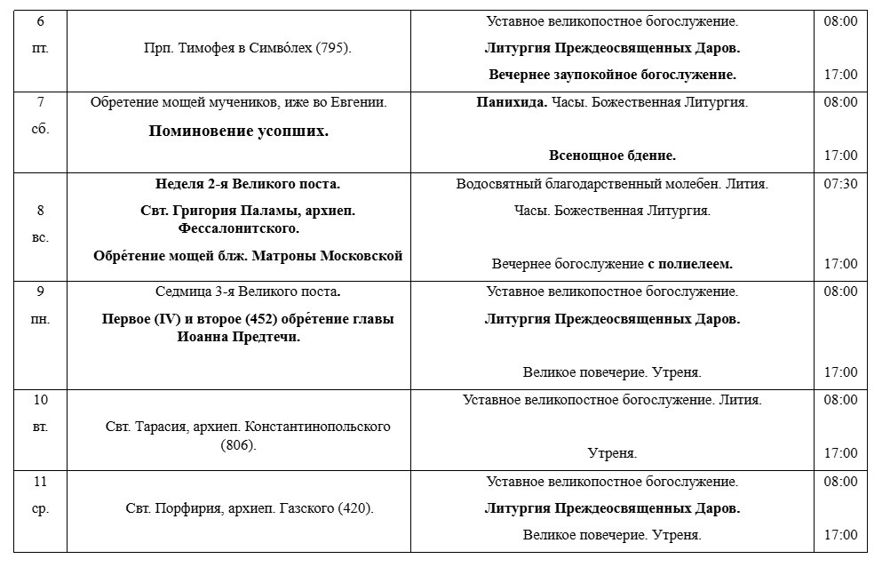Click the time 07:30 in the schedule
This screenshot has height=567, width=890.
840,184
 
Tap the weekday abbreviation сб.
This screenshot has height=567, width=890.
40,129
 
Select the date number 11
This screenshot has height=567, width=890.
40,482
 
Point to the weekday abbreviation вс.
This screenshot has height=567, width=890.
40,238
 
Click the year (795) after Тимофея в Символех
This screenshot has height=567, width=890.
334,48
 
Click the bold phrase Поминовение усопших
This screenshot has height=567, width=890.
238,132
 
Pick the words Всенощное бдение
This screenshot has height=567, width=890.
612,156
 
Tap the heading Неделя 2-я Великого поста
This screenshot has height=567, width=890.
247,184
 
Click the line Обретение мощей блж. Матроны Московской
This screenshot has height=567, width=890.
248,256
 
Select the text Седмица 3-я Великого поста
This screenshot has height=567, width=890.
248,291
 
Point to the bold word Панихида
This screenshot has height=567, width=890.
508,102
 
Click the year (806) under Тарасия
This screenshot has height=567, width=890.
238,444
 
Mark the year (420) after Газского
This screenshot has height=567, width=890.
355,509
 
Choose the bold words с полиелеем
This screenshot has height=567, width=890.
690,264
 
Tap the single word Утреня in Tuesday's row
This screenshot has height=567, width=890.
612,453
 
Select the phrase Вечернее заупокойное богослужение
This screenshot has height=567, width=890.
612,75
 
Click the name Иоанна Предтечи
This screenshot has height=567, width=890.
248,337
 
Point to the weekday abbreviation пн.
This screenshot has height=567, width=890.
40,318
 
